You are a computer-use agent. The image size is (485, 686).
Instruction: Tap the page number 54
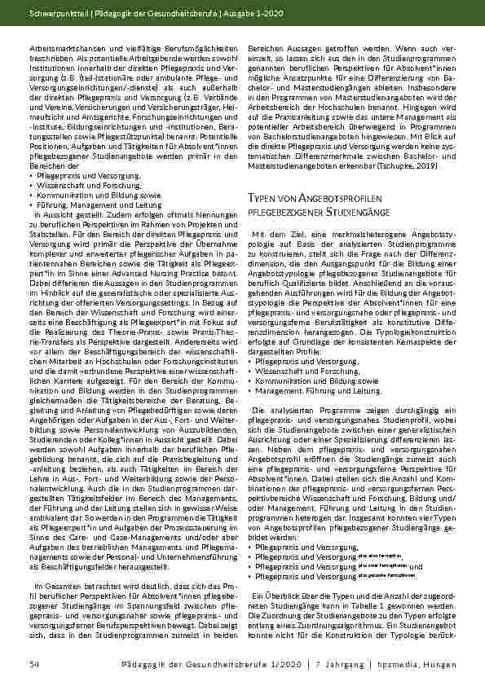pyautogui.click(x=33, y=664)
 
